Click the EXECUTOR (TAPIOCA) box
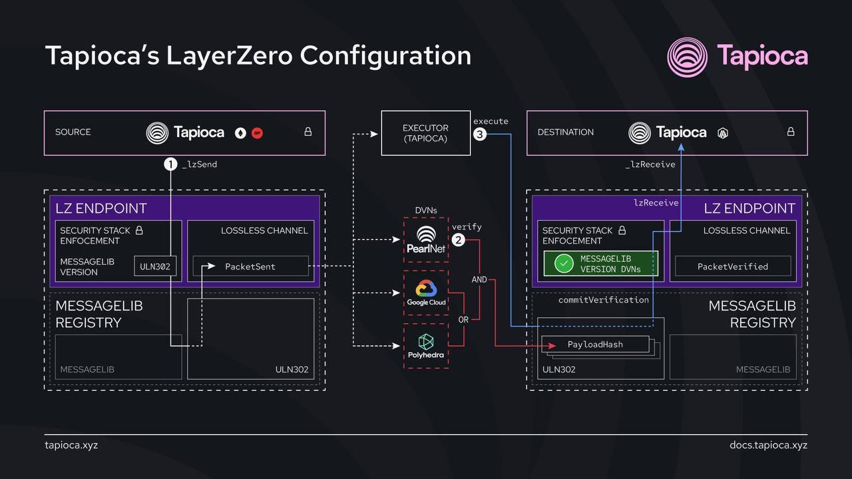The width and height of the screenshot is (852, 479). (425, 133)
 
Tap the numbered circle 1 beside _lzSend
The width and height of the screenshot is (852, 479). (171, 164)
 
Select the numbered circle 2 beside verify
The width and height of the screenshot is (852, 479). (458, 240)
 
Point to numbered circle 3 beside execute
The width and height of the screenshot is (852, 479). (479, 134)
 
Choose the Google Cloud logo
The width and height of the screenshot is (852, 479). (426, 292)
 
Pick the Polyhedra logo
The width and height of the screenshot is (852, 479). (426, 346)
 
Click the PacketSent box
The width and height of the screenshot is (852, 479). (250, 266)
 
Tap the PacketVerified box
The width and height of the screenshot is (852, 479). (732, 266)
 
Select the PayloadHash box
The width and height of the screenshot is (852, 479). (595, 345)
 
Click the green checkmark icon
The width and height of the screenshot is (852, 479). (564, 263)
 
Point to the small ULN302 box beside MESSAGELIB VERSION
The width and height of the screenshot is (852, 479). (155, 266)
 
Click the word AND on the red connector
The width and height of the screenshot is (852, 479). (479, 279)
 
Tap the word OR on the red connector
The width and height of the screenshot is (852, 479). (463, 319)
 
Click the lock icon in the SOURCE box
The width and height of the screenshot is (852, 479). (308, 132)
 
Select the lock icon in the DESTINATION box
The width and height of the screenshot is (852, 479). (790, 132)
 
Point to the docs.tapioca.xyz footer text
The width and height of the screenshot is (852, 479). (768, 444)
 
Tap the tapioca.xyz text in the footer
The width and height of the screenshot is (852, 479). (71, 444)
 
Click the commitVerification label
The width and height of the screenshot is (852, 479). (603, 300)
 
